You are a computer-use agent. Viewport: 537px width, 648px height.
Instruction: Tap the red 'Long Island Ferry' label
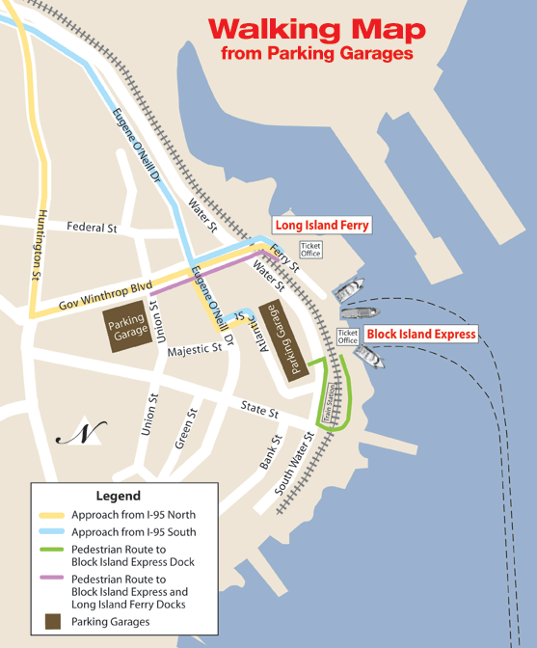(x=322, y=226)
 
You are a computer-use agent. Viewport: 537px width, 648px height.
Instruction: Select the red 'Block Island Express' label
(x=421, y=335)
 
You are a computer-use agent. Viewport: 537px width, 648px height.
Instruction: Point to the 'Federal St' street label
(x=92, y=229)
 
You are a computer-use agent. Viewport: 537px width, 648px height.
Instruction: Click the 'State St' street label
(x=259, y=412)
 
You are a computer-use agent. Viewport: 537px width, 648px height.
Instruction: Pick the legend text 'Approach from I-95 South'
(x=134, y=531)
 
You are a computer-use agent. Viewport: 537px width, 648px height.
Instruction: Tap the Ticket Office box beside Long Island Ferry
(x=310, y=249)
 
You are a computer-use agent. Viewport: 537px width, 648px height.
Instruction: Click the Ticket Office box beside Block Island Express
(x=348, y=337)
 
